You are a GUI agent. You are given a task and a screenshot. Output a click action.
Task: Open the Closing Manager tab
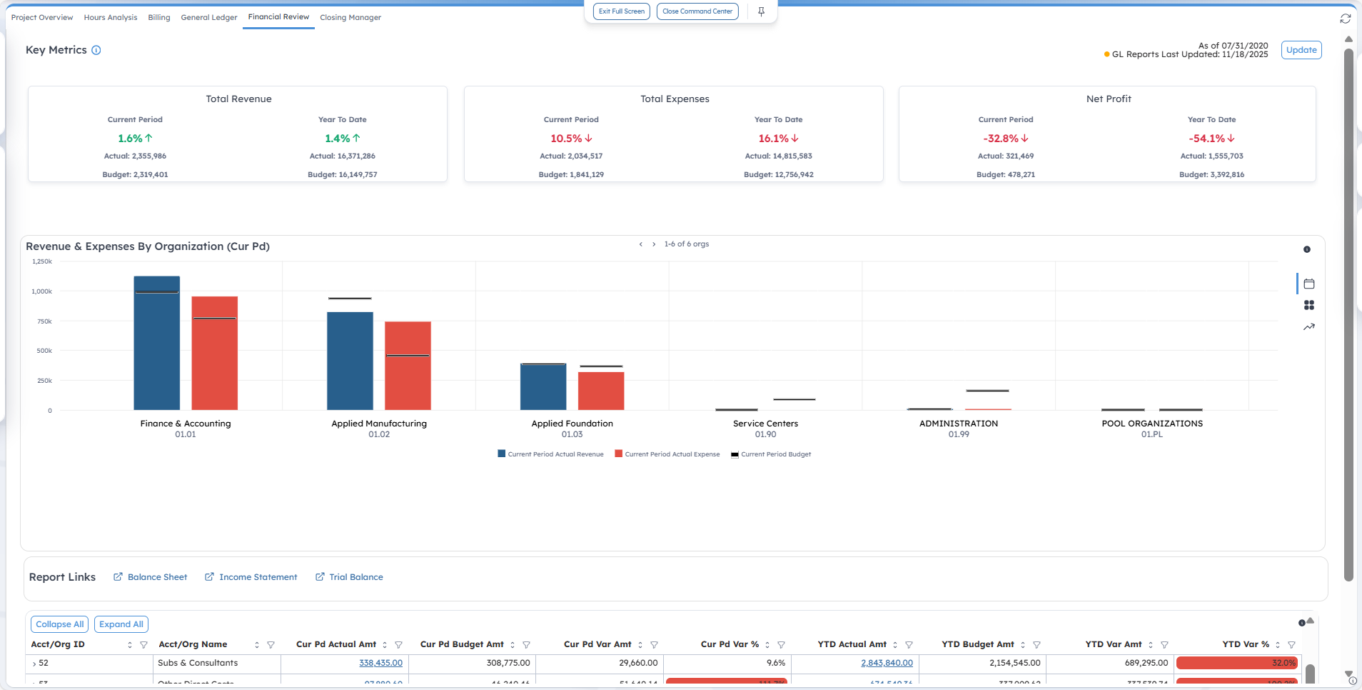[x=350, y=17]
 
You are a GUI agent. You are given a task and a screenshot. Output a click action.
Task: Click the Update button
[x=1301, y=50]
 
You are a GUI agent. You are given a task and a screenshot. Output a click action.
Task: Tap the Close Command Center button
[x=697, y=11]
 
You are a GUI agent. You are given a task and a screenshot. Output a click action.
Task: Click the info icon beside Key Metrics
[x=96, y=50]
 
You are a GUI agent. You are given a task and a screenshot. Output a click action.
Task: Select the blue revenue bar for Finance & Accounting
[x=157, y=343]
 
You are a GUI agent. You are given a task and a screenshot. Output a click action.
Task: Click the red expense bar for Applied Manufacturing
[x=408, y=366]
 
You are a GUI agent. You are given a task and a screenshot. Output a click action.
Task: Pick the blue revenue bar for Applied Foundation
[x=543, y=386]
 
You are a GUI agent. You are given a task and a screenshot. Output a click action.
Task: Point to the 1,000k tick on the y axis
[x=42, y=291]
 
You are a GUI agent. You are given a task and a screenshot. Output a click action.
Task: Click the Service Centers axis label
[x=765, y=424]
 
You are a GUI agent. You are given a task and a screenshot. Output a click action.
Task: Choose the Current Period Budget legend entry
[x=775, y=454]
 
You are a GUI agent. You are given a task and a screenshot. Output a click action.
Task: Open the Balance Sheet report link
[x=157, y=577]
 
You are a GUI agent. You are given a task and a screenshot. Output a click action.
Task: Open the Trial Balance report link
[x=355, y=577]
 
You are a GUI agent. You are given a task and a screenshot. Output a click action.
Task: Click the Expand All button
[x=121, y=624]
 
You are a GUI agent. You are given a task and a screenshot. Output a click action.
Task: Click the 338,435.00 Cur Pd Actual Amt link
[x=380, y=663]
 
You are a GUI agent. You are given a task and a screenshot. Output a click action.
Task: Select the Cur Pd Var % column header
[x=730, y=644]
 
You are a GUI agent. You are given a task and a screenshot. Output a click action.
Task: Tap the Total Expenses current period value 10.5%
[x=566, y=139]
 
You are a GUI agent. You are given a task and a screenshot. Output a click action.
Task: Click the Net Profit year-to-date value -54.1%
[x=1206, y=139]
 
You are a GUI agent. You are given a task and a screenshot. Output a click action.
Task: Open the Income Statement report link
[x=258, y=577]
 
